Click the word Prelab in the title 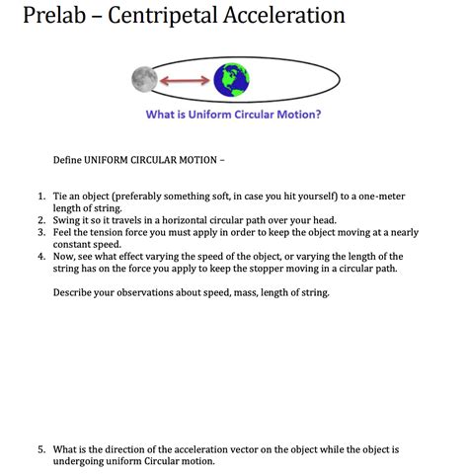(46, 17)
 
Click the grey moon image (144, 78)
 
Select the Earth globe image (232, 78)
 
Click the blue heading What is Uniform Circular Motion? (233, 114)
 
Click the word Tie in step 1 (62, 197)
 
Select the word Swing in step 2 (69, 220)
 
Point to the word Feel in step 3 (64, 232)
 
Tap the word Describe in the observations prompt (75, 292)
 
